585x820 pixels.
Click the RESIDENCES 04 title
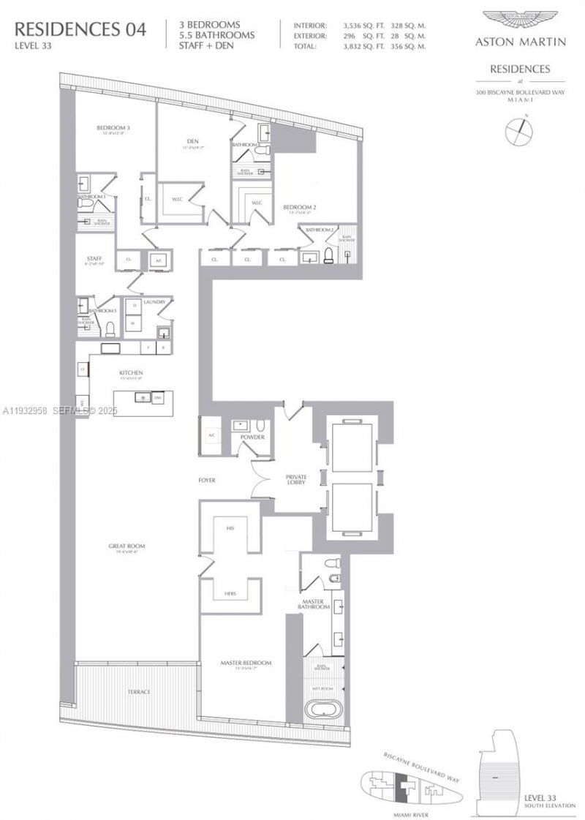(x=80, y=30)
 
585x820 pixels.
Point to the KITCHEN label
(x=132, y=373)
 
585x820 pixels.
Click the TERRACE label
(x=138, y=692)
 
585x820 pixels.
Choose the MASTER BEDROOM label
(x=246, y=663)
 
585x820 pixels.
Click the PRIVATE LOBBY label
(x=296, y=480)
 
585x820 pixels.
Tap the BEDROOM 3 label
(x=113, y=129)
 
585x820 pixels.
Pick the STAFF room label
(x=94, y=258)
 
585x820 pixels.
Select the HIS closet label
(x=230, y=527)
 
